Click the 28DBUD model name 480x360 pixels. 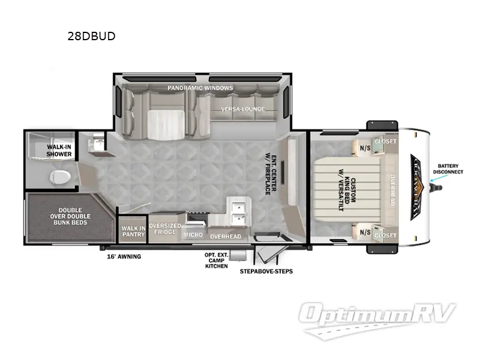[x=92, y=36]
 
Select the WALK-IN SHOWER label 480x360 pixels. [x=59, y=150]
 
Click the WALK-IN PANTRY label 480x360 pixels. [x=133, y=231]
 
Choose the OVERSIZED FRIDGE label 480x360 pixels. [x=164, y=229]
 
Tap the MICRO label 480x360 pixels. [x=193, y=235]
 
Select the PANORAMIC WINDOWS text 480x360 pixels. [x=200, y=88]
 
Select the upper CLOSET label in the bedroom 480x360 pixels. [x=385, y=142]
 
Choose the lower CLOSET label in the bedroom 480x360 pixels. [x=385, y=235]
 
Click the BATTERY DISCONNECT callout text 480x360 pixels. [x=450, y=169]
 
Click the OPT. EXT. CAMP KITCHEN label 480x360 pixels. [x=216, y=260]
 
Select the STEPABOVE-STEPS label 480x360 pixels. [x=266, y=271]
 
